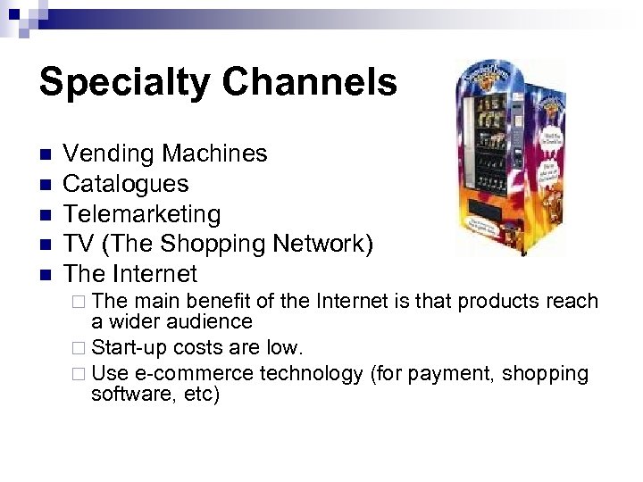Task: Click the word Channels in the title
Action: [x=309, y=82]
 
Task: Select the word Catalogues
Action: [x=126, y=184]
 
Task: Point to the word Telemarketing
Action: [x=142, y=214]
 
